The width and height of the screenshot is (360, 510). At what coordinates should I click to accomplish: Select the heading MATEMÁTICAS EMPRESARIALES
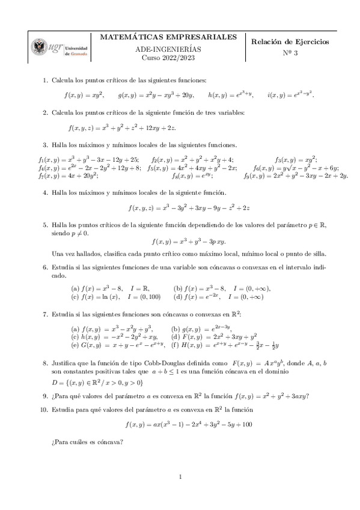point(168,37)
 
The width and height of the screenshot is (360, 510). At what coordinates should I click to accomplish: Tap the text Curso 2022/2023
point(168,58)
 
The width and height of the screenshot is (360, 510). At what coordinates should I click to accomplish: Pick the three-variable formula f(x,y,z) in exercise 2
point(121,127)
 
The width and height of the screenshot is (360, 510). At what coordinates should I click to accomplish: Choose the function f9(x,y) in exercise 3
point(296,176)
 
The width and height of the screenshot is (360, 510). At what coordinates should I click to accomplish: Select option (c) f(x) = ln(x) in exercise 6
point(115,296)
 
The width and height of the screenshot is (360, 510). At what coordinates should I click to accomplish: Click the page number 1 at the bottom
point(180,478)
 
